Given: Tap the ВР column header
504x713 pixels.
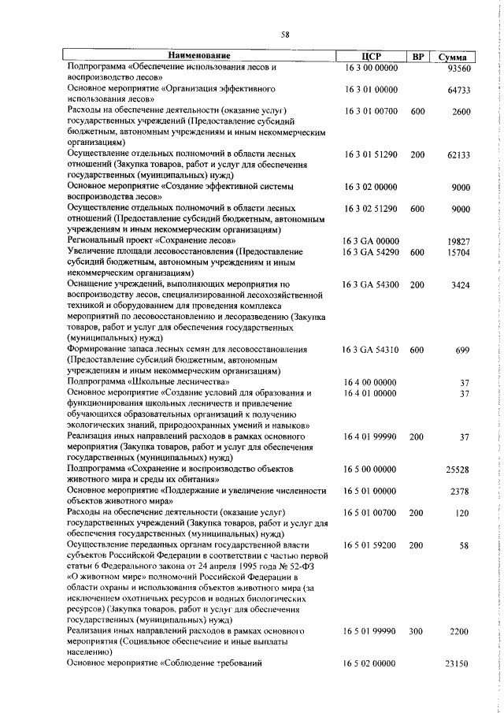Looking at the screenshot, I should tap(418, 56).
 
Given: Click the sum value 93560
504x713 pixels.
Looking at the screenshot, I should tap(458, 69).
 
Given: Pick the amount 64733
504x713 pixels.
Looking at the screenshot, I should tap(458, 91).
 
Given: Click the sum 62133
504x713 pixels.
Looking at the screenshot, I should tap(458, 155).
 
